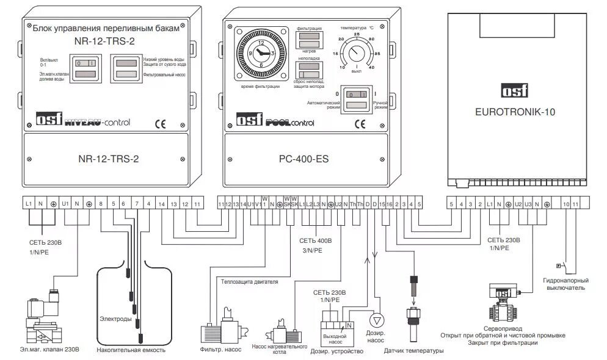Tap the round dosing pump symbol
pos(377,320)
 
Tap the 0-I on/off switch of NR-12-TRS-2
pos(85,63)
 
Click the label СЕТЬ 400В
pos(316,241)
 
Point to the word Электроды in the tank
pos(115,319)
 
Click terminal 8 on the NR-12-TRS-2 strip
pos(101,203)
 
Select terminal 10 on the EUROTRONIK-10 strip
pos(566,203)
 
